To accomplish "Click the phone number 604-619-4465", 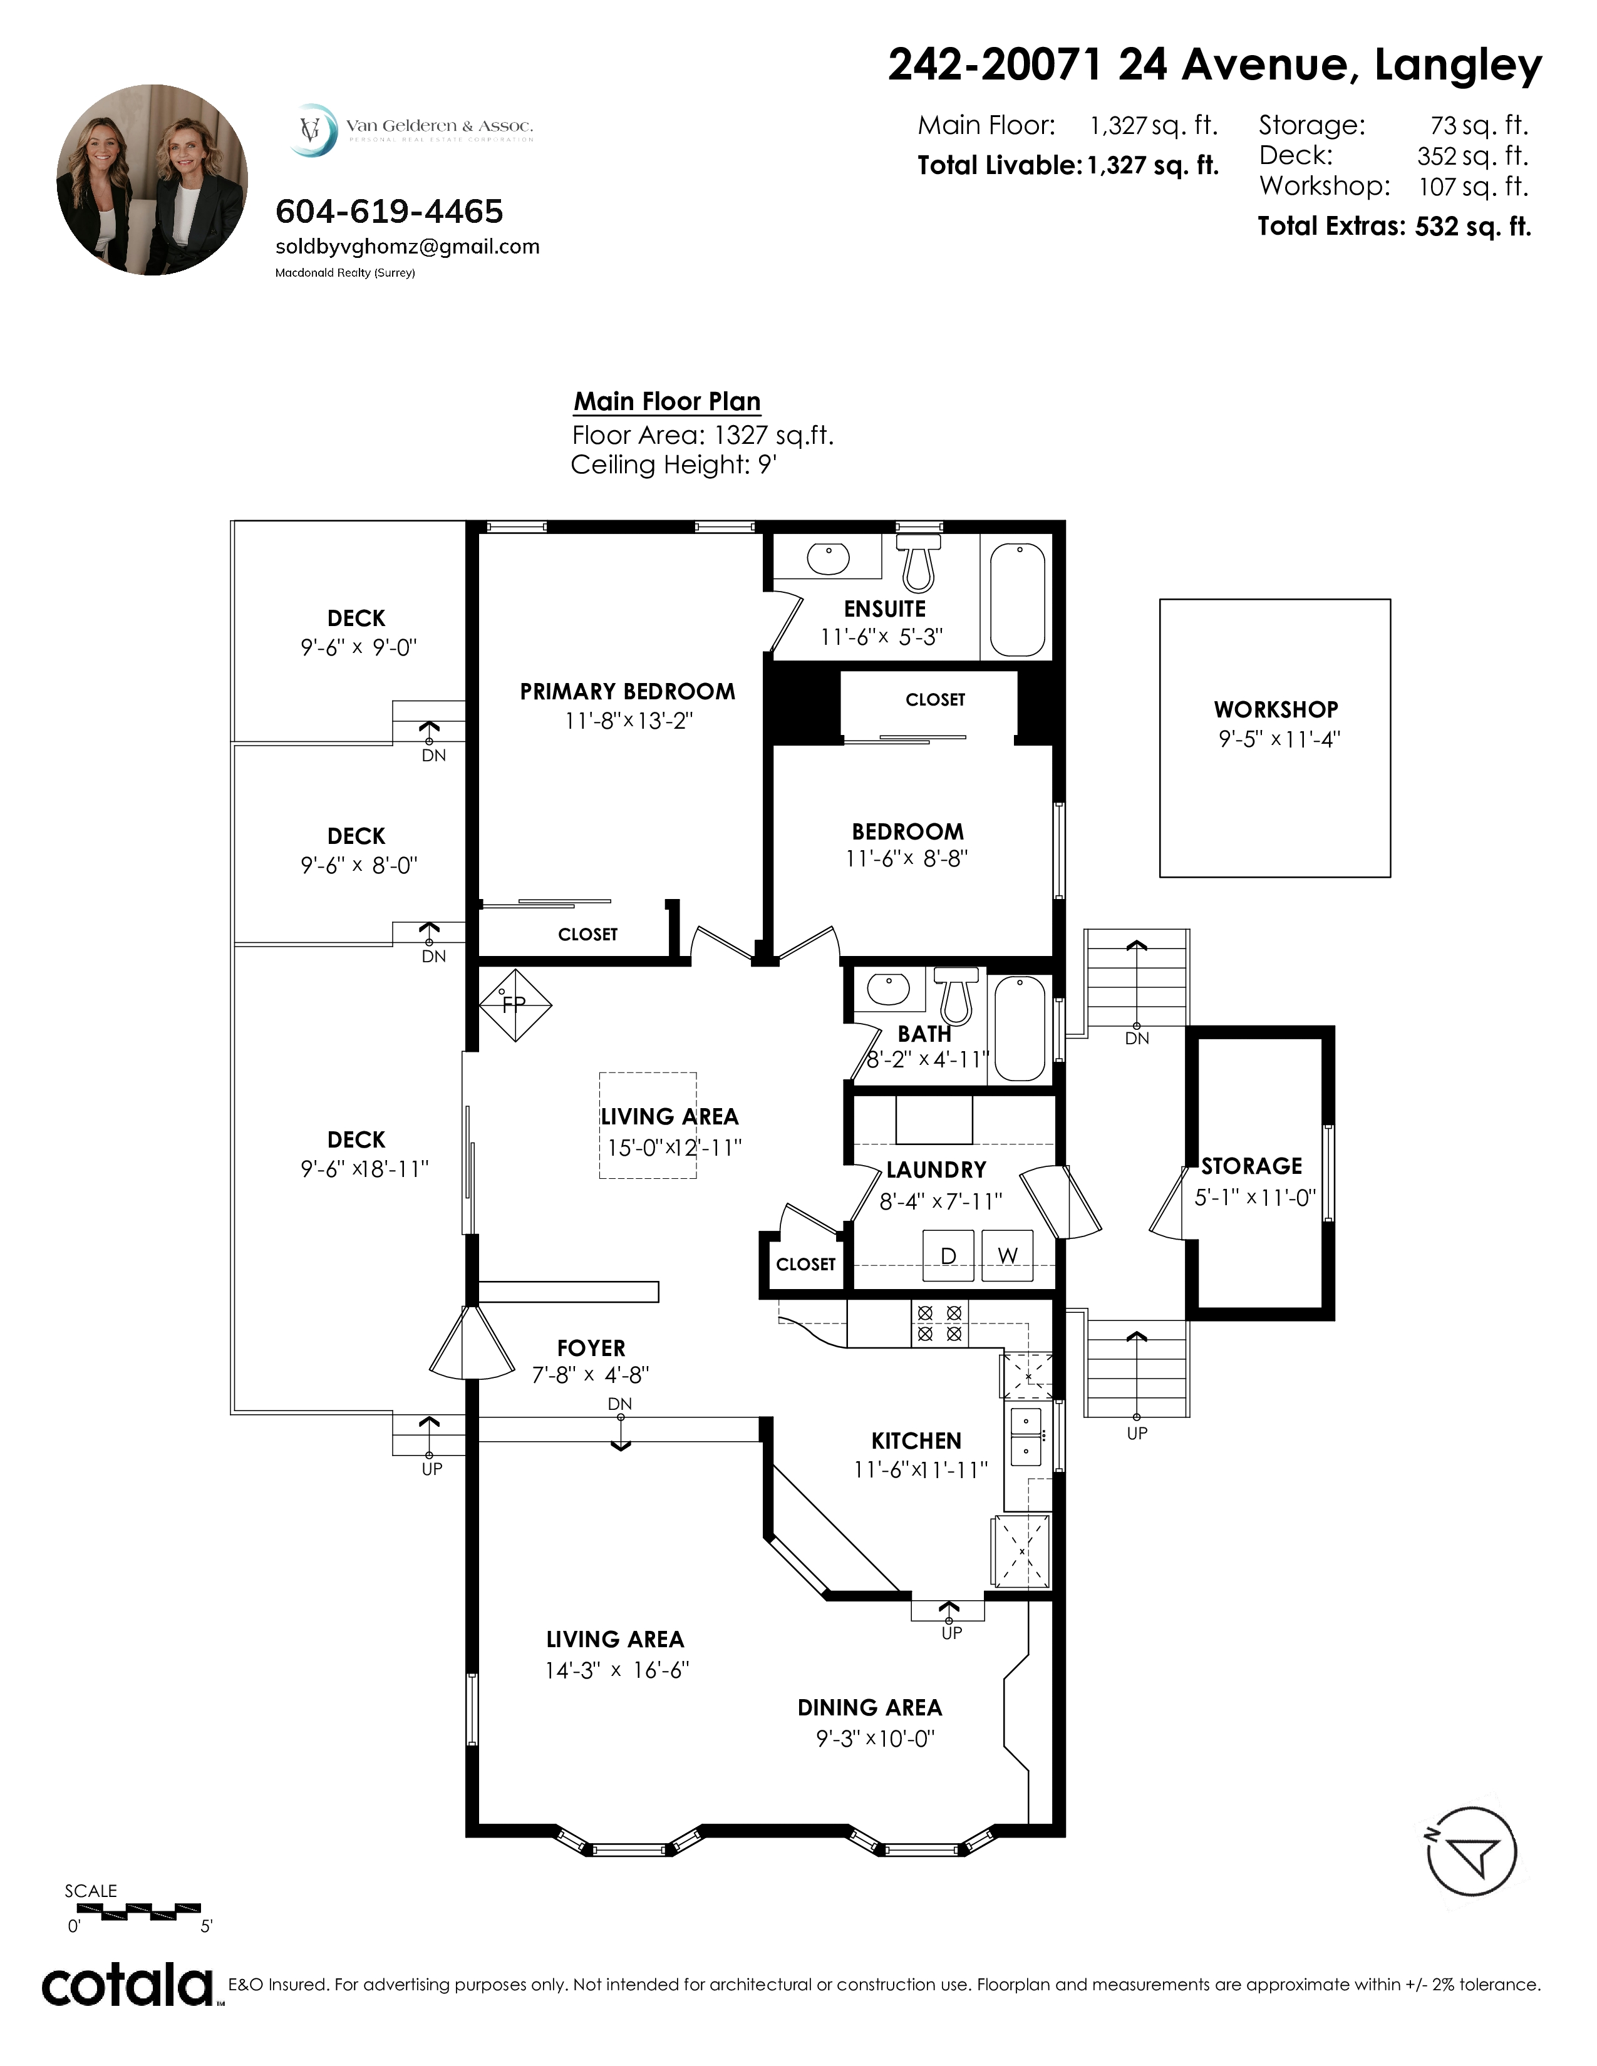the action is tap(389, 211).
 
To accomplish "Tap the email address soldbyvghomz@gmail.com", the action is tap(407, 247).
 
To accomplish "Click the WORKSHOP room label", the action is tap(1275, 709).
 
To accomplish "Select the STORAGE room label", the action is tap(1252, 1166).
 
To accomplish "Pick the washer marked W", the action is tap(1006, 1255).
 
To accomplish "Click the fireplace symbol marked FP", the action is tap(514, 1004).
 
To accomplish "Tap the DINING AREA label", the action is tap(869, 1707).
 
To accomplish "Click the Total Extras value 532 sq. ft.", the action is tap(1473, 227).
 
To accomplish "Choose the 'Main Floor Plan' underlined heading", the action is tap(667, 402).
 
